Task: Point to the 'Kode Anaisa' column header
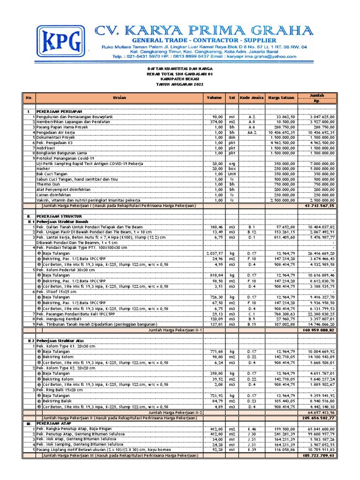click(252, 97)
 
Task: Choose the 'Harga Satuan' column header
click(280, 97)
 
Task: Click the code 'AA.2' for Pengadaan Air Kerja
click(252, 132)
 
